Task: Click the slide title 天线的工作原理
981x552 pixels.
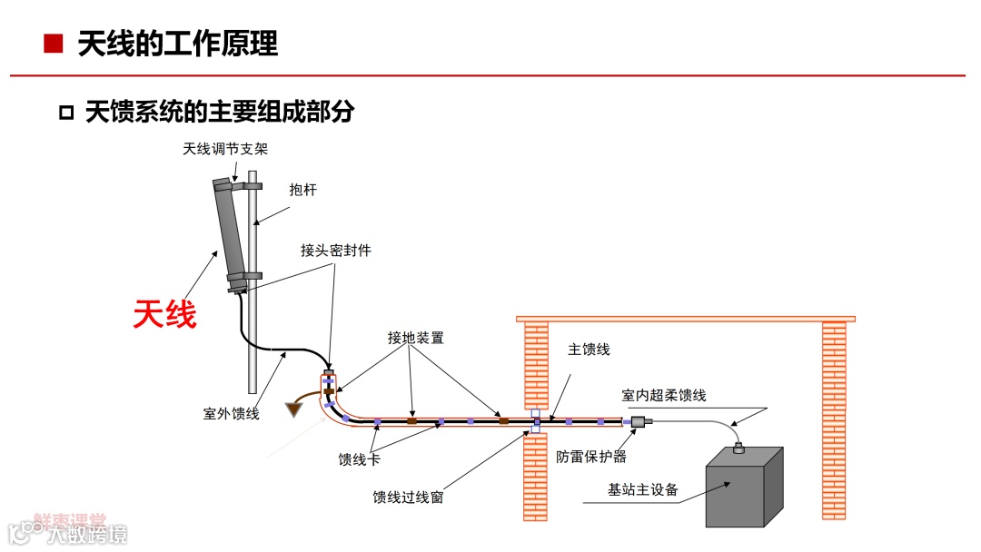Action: [x=178, y=44]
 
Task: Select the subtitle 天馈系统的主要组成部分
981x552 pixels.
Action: [x=219, y=112]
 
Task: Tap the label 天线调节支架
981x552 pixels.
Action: [x=226, y=148]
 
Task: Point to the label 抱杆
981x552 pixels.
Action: [x=302, y=190]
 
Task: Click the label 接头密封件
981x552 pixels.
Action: [x=336, y=250]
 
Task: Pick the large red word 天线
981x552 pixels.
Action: [x=164, y=314]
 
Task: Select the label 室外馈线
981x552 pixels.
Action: [x=231, y=414]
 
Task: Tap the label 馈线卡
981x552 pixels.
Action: [x=359, y=459]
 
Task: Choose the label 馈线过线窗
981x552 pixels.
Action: [x=408, y=498]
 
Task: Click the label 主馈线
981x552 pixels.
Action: [x=589, y=350]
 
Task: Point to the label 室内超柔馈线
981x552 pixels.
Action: [x=663, y=395]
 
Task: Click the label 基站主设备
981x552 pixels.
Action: [x=643, y=490]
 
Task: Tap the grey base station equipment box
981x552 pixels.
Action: [x=740, y=490]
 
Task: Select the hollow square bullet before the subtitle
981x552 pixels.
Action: [x=65, y=113]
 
